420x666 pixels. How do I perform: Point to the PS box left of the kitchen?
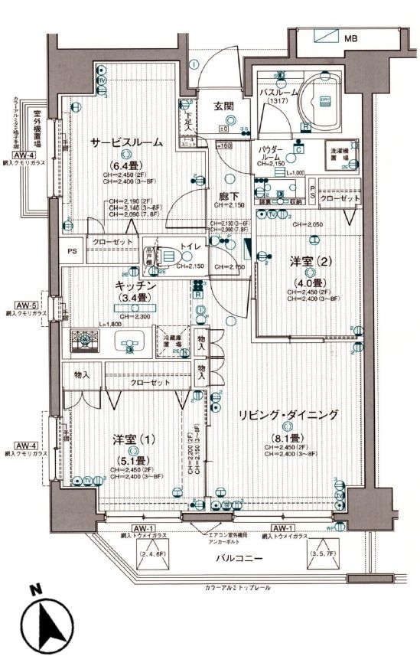point(73,250)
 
